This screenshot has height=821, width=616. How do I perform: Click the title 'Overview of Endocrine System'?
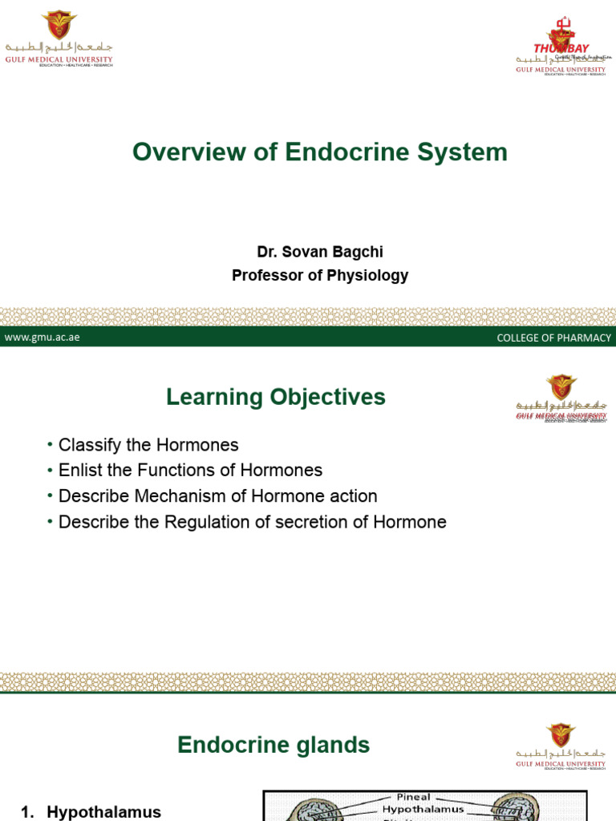tap(319, 152)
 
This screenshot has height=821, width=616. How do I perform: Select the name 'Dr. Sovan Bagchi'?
tap(319, 252)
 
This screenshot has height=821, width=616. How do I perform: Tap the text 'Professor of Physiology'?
tap(319, 276)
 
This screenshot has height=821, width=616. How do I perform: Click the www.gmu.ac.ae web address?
tap(42, 338)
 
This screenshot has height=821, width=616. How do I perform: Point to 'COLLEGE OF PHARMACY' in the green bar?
tap(553, 338)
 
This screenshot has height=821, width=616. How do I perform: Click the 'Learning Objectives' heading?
tap(275, 397)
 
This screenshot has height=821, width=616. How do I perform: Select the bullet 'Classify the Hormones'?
tap(148, 445)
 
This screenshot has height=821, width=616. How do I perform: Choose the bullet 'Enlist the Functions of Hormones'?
tap(190, 471)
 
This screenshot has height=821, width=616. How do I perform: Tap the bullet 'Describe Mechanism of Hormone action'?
tap(217, 496)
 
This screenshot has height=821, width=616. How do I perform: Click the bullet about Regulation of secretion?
tap(252, 522)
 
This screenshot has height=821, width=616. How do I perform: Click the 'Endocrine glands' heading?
tap(274, 745)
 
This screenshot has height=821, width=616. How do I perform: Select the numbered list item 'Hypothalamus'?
tap(103, 812)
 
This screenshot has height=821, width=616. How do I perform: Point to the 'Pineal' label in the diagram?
tap(413, 797)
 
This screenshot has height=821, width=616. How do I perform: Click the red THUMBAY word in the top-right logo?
tap(561, 49)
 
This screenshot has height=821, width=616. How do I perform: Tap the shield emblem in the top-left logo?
tap(58, 24)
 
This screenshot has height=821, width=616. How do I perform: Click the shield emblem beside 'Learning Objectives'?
tap(561, 387)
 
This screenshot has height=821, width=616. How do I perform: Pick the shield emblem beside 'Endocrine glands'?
tap(561, 735)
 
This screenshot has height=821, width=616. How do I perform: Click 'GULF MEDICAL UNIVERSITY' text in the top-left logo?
tap(58, 59)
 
